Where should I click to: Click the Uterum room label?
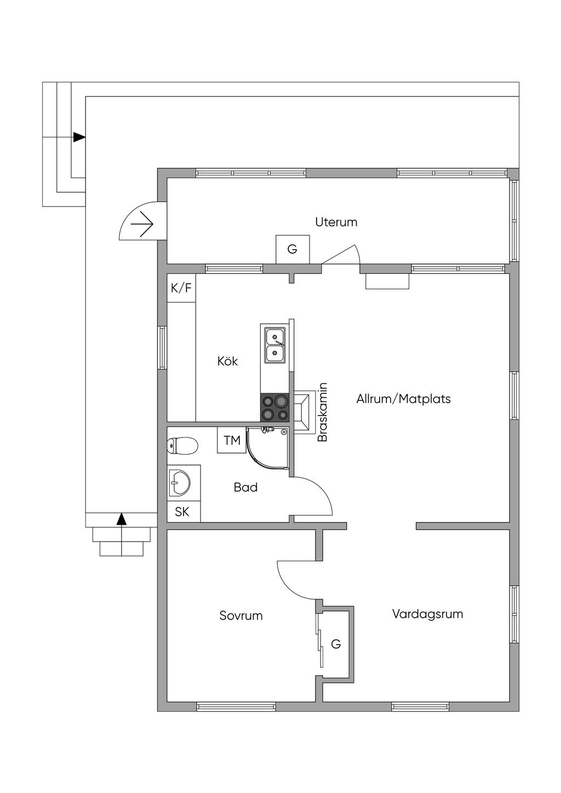(336, 222)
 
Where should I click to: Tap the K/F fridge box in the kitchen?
(181, 288)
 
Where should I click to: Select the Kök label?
(227, 361)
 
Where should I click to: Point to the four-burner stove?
(275, 407)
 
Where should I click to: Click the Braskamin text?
(322, 412)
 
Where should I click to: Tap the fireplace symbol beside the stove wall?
(304, 412)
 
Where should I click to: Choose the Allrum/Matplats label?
(403, 399)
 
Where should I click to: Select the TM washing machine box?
(232, 440)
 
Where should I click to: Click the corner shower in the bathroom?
(268, 448)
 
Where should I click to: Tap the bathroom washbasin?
(180, 482)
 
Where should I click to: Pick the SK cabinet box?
(184, 512)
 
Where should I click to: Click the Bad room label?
(245, 487)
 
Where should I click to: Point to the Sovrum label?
(241, 616)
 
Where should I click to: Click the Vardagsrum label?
(427, 613)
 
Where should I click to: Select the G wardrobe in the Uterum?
(293, 249)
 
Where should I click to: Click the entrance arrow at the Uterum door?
(142, 224)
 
